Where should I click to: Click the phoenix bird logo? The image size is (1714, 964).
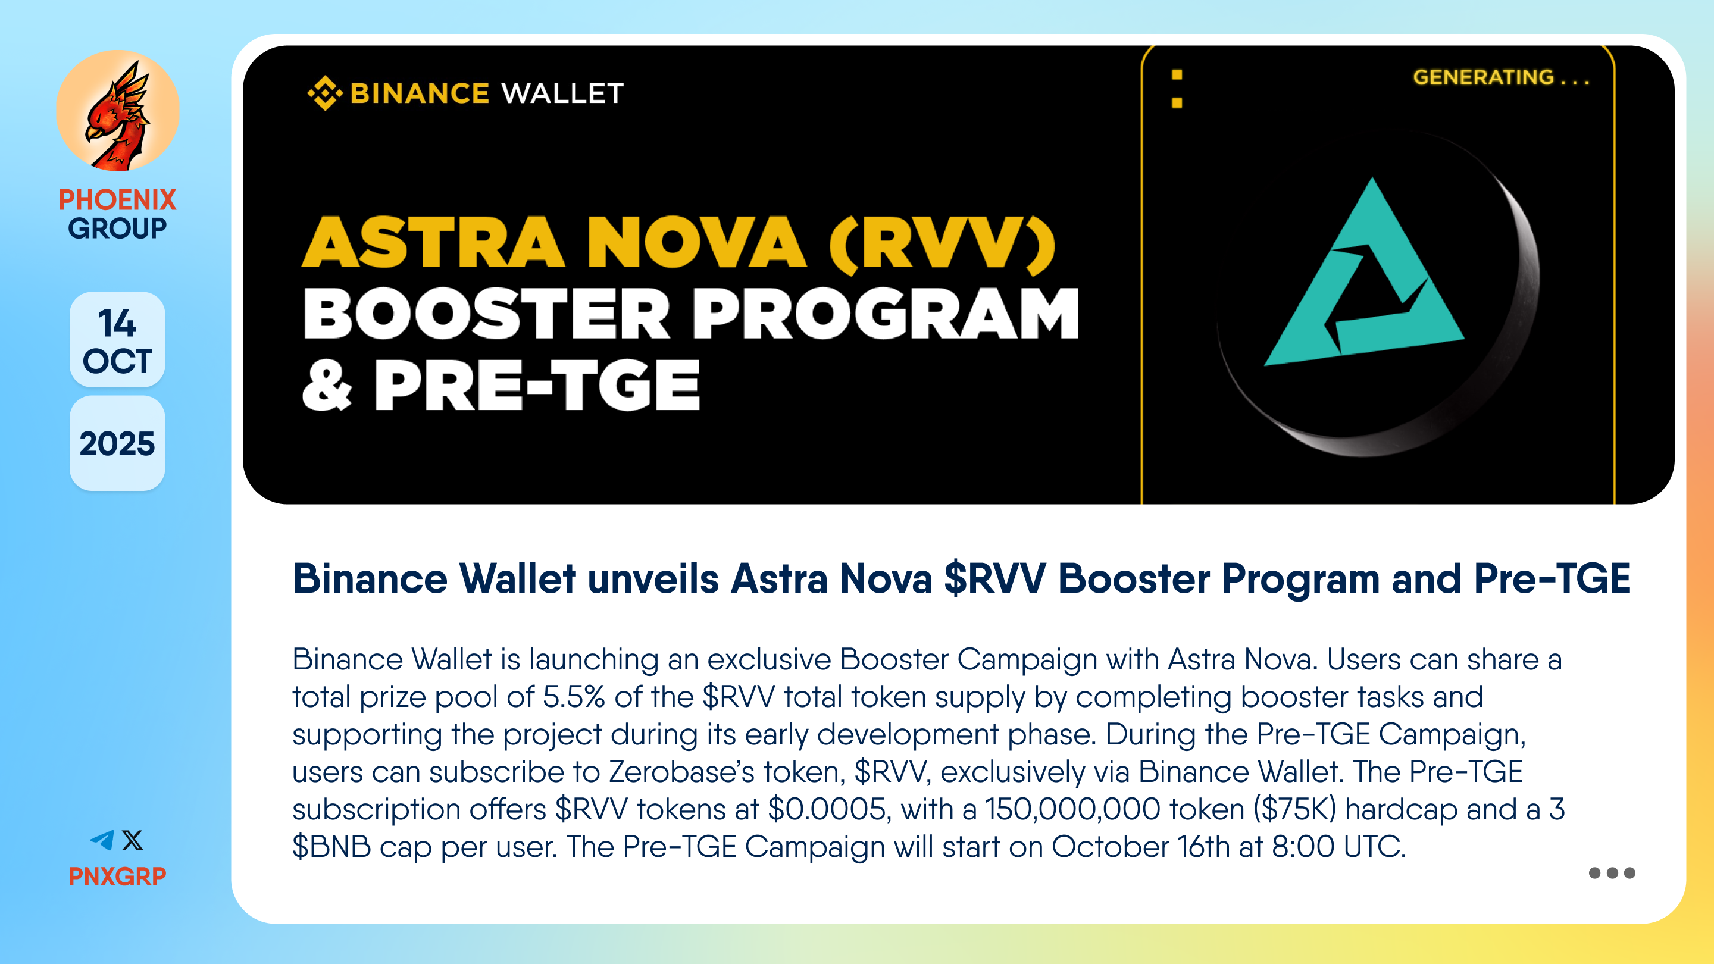tap(118, 111)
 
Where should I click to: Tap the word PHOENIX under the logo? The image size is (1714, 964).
tap(117, 199)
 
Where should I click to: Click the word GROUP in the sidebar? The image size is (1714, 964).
tap(117, 228)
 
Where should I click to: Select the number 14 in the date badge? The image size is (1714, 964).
tap(117, 323)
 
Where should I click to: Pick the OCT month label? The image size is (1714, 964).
tap(117, 361)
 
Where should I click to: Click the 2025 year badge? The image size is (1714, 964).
tap(117, 444)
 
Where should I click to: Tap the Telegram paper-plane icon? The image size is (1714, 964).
tap(102, 840)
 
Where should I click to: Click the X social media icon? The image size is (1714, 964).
tap(132, 840)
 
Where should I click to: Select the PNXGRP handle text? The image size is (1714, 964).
tap(117, 876)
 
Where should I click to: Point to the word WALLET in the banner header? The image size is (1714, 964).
tap(563, 94)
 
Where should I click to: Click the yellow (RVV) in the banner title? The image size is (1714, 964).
tap(942, 243)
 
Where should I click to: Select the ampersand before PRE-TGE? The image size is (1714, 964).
tap(326, 385)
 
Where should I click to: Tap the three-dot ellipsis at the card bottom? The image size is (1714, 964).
tap(1612, 873)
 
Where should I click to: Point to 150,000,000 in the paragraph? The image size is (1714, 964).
tap(1072, 810)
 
